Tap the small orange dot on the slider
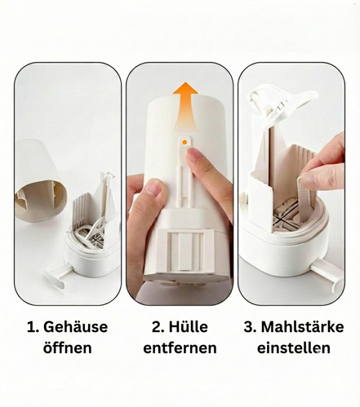tap(184, 142)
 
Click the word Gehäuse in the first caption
tap(75, 327)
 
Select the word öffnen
tap(68, 347)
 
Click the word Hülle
tap(189, 326)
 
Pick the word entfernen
tap(180, 348)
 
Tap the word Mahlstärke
tap(302, 326)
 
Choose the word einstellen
tap(294, 348)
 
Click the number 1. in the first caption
tap(33, 327)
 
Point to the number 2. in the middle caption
tap(158, 327)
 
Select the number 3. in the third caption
tap(250, 327)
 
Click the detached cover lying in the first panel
tap(40, 181)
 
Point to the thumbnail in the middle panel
tap(153, 187)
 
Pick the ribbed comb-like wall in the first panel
tap(82, 210)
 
